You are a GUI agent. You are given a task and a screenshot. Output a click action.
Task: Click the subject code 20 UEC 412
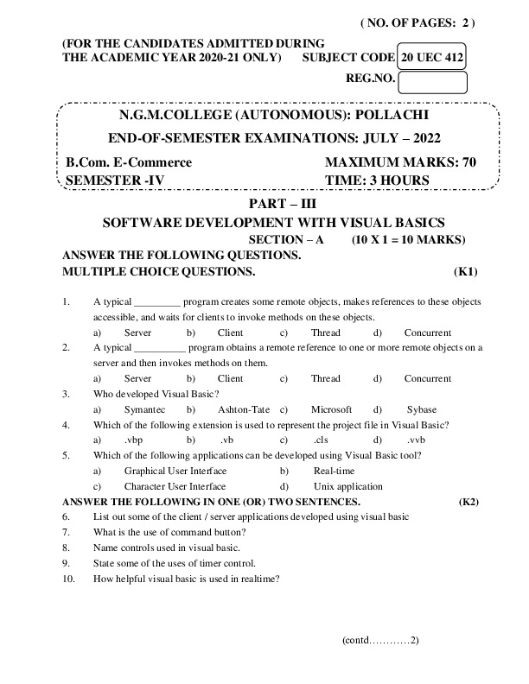(x=432, y=56)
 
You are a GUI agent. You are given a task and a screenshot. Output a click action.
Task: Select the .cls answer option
(x=322, y=440)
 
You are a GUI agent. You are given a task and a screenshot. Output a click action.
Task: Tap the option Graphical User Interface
(x=175, y=471)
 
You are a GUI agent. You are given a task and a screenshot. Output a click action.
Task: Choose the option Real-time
(x=334, y=471)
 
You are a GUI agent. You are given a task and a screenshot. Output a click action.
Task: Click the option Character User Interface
(x=175, y=486)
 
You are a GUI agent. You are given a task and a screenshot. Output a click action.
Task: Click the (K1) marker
(x=466, y=271)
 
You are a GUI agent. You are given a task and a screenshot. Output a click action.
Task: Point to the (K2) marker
(x=469, y=502)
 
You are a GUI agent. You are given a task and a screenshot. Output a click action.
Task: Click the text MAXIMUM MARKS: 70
(x=401, y=162)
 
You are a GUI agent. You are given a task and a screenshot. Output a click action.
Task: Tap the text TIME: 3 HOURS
(x=377, y=180)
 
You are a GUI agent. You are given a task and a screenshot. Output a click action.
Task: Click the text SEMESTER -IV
(x=115, y=180)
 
